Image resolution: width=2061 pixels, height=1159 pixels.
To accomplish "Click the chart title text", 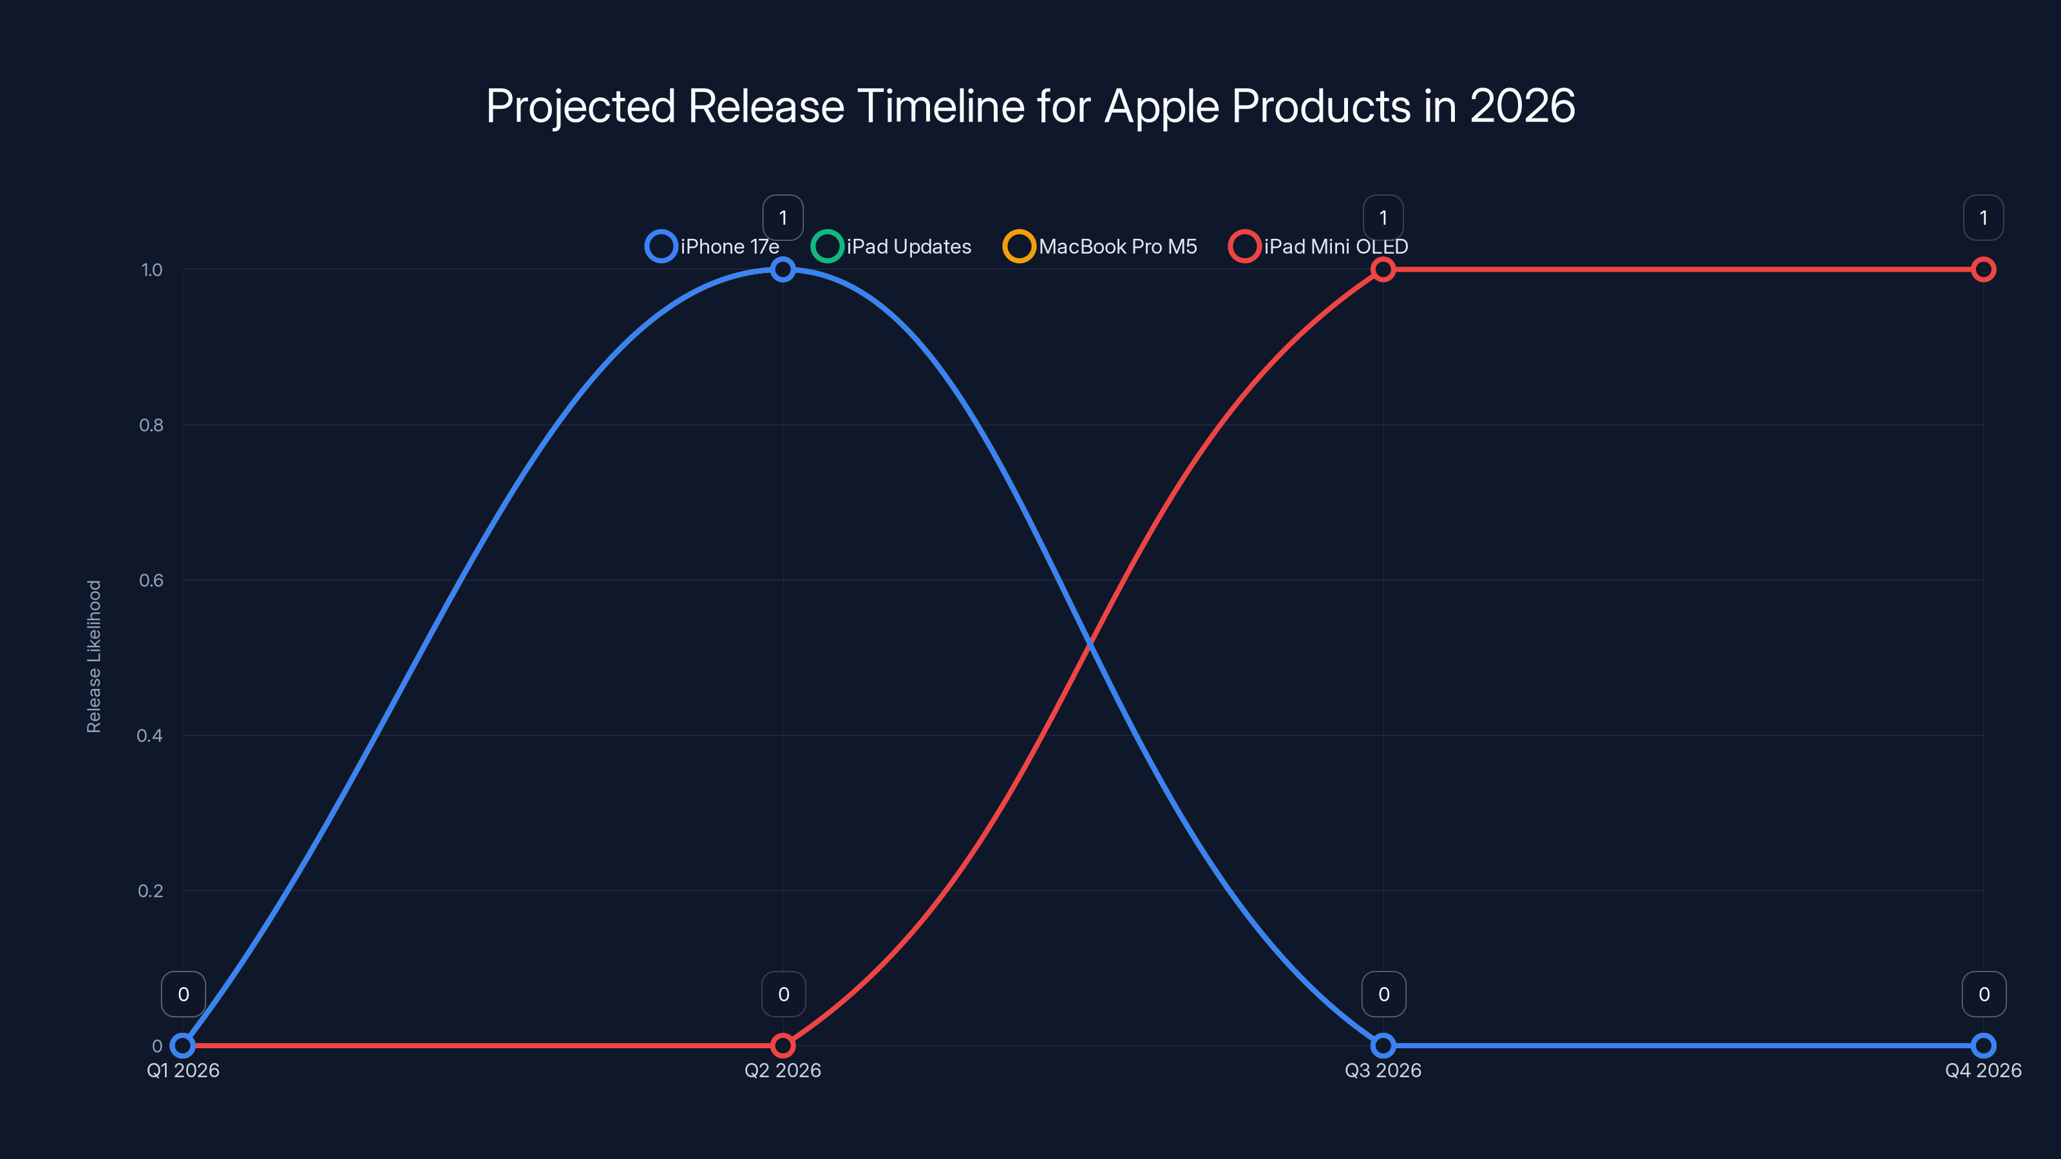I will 1030,106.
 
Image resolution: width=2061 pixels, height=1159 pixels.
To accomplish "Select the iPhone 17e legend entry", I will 713,247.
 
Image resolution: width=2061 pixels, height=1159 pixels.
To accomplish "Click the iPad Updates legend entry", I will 891,247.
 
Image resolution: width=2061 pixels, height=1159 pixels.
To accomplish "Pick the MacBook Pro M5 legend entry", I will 1100,247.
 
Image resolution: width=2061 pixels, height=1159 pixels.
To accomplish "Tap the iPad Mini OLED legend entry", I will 1318,247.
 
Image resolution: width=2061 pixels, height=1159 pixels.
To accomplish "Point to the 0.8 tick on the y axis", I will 151,426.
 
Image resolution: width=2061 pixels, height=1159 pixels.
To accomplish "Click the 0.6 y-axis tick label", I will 151,581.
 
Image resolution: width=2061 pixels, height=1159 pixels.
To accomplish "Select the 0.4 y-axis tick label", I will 149,736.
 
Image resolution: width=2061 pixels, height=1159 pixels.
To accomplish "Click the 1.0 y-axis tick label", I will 151,270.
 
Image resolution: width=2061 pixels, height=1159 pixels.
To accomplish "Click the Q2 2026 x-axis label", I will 783,1070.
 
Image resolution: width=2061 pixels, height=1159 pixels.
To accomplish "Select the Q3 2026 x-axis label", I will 1383,1070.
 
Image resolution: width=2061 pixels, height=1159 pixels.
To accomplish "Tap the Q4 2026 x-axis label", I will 1982,1070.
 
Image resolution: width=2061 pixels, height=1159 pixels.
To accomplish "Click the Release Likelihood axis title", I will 95,656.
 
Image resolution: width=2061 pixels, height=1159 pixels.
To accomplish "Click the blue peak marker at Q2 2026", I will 783,270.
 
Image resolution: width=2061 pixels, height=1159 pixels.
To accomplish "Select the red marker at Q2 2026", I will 783,1046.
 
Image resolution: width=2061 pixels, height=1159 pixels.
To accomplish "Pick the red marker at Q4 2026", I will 1982,270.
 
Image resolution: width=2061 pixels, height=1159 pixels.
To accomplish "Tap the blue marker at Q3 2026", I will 1383,1046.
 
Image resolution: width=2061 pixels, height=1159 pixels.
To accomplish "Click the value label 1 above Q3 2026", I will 1383,218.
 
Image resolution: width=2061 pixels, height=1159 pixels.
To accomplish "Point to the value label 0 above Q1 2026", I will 183,994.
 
